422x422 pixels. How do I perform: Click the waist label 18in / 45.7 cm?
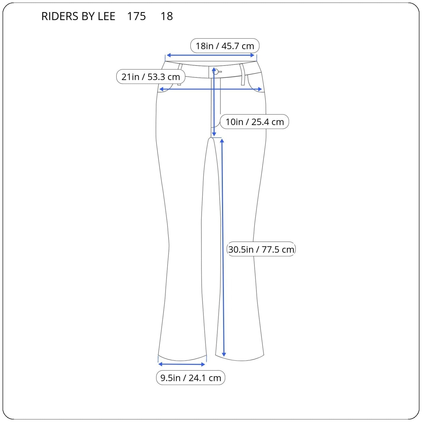tap(225, 46)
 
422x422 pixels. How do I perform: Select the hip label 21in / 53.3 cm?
tap(151, 77)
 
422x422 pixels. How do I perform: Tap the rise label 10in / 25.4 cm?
tap(255, 122)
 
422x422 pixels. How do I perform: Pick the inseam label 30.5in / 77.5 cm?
tap(261, 249)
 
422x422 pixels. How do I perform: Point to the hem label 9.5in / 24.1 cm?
tap(191, 378)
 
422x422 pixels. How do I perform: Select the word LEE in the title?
tap(107, 16)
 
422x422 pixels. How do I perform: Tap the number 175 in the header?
tap(136, 16)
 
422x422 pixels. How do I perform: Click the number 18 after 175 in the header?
tap(167, 16)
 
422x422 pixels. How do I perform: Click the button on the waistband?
tap(215, 71)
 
